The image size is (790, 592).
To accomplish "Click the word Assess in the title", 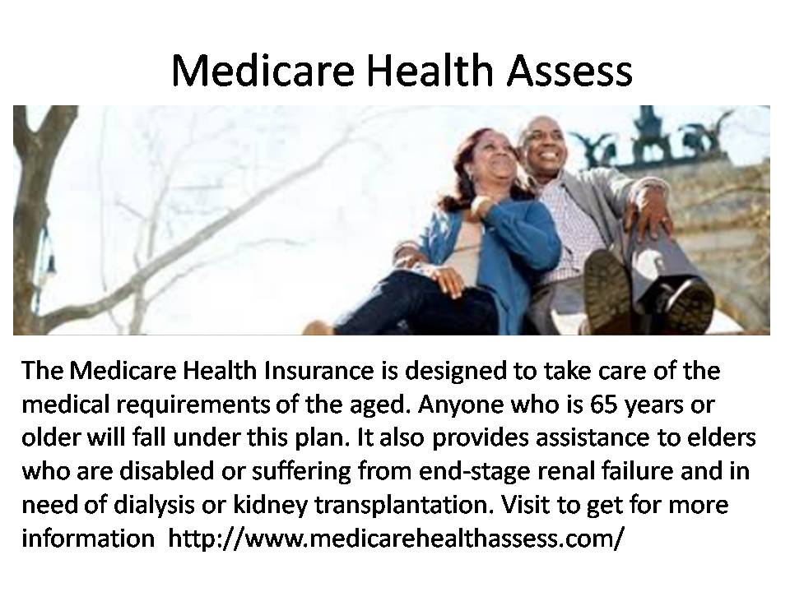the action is [x=569, y=70].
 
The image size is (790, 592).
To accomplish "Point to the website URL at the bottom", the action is [x=396, y=538].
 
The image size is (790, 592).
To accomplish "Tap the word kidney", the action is [x=270, y=506].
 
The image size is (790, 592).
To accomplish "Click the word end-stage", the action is [x=475, y=472].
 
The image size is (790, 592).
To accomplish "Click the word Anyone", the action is [x=461, y=405].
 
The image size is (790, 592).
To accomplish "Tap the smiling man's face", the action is [x=541, y=142].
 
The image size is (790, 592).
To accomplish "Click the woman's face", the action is [x=491, y=156].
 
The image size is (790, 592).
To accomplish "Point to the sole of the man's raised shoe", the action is [x=608, y=290].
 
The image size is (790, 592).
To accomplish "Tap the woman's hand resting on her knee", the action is [x=444, y=280].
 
